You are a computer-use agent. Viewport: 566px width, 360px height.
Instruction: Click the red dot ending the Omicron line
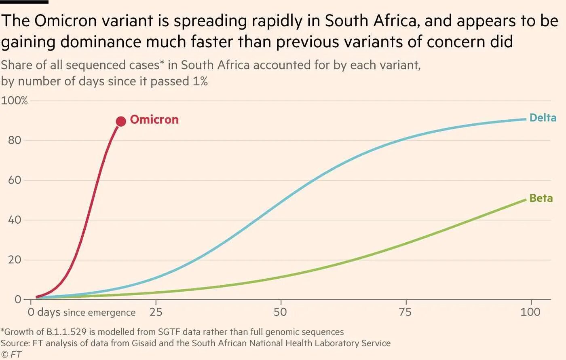click(121, 121)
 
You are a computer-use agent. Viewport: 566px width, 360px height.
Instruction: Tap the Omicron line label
click(154, 120)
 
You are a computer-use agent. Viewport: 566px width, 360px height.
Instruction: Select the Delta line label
click(543, 118)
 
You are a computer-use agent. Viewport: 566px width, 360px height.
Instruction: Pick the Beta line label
click(541, 198)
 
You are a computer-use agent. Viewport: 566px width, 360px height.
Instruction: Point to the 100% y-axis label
click(14, 101)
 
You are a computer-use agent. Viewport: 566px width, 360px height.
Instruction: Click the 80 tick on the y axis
click(15, 140)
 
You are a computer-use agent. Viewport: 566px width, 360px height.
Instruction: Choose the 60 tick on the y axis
click(15, 180)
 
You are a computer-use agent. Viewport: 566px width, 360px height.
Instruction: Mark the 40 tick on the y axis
click(15, 220)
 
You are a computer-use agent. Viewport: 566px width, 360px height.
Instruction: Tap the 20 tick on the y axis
click(15, 260)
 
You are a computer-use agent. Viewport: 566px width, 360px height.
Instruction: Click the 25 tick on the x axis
click(156, 312)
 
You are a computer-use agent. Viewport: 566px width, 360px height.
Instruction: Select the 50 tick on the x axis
click(280, 312)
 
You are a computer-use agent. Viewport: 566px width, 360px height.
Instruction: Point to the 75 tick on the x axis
click(405, 312)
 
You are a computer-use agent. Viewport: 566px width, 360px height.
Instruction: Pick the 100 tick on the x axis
click(530, 312)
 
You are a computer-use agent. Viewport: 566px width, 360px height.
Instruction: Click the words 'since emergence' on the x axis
click(99, 313)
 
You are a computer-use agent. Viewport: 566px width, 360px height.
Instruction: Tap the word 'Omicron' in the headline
click(65, 21)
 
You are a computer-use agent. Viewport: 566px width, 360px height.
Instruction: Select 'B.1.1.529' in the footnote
click(66, 332)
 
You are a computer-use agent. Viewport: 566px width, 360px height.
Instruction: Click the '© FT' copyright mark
click(11, 355)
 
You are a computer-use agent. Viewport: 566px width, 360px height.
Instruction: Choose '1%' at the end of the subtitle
click(200, 81)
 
